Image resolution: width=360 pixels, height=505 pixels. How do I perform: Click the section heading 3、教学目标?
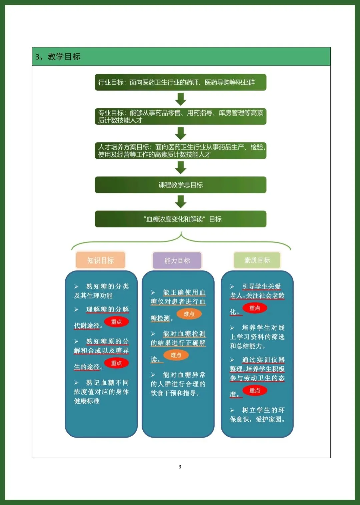pyautogui.click(x=58, y=57)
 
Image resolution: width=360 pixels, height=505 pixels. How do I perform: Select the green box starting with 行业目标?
pyautogui.click(x=180, y=82)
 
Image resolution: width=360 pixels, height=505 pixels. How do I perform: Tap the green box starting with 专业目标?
pyautogui.click(x=180, y=116)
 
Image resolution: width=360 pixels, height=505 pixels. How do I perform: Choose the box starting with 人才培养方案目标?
pyautogui.click(x=180, y=150)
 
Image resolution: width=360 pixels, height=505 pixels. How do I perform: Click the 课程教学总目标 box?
pyautogui.click(x=180, y=185)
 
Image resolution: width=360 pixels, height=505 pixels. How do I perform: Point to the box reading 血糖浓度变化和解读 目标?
pyautogui.click(x=180, y=219)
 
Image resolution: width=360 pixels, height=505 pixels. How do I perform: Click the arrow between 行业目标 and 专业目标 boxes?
pyautogui.click(x=181, y=99)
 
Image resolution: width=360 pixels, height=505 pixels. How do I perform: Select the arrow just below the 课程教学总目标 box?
pyautogui.click(x=181, y=202)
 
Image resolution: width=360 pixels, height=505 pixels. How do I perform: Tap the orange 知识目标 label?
pyautogui.click(x=100, y=260)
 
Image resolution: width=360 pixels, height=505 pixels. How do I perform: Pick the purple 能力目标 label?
pyautogui.click(x=177, y=260)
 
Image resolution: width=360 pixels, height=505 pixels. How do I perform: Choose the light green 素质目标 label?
pyautogui.click(x=257, y=260)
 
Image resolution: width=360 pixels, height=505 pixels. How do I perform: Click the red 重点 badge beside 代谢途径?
pyautogui.click(x=116, y=322)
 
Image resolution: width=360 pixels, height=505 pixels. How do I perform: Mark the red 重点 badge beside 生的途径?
pyautogui.click(x=116, y=363)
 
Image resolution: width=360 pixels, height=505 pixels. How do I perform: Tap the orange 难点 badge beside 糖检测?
pyautogui.click(x=189, y=314)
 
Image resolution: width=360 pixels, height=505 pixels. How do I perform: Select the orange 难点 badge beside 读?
pyautogui.click(x=176, y=355)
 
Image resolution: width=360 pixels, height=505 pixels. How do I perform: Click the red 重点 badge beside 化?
pyautogui.click(x=255, y=308)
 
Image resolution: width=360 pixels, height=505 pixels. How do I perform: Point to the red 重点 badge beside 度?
pyautogui.click(x=255, y=390)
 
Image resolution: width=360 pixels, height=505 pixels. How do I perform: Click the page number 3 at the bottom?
pyautogui.click(x=180, y=467)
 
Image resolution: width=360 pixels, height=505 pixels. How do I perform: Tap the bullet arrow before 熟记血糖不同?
pyautogui.click(x=76, y=383)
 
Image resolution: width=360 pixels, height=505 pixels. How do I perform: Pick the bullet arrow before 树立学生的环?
pyautogui.click(x=232, y=410)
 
